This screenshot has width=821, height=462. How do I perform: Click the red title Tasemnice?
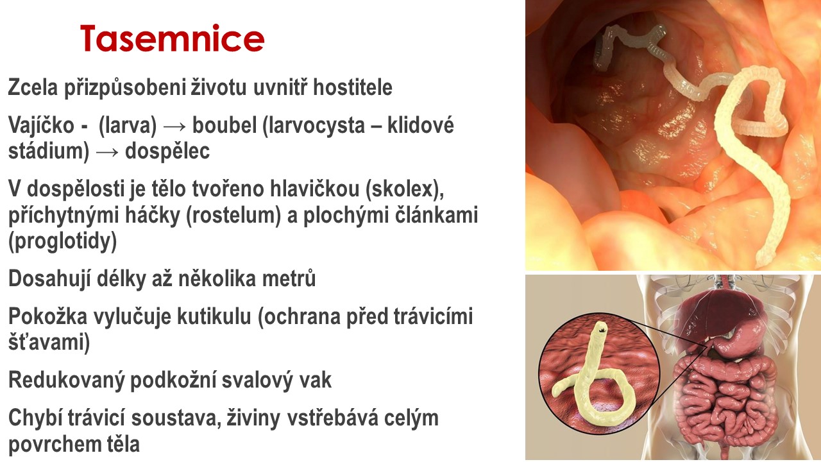point(173,38)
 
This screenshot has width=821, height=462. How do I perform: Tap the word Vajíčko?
point(41,126)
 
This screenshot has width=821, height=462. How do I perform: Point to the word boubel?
point(224,125)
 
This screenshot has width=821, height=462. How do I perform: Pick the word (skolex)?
point(405,190)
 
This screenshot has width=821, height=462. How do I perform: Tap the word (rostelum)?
point(234,216)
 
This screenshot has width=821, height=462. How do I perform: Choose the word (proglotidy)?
point(63,242)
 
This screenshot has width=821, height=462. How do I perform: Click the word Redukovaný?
point(66,381)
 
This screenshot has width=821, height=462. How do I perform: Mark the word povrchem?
point(53,445)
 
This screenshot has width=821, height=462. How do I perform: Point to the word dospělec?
point(167,151)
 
